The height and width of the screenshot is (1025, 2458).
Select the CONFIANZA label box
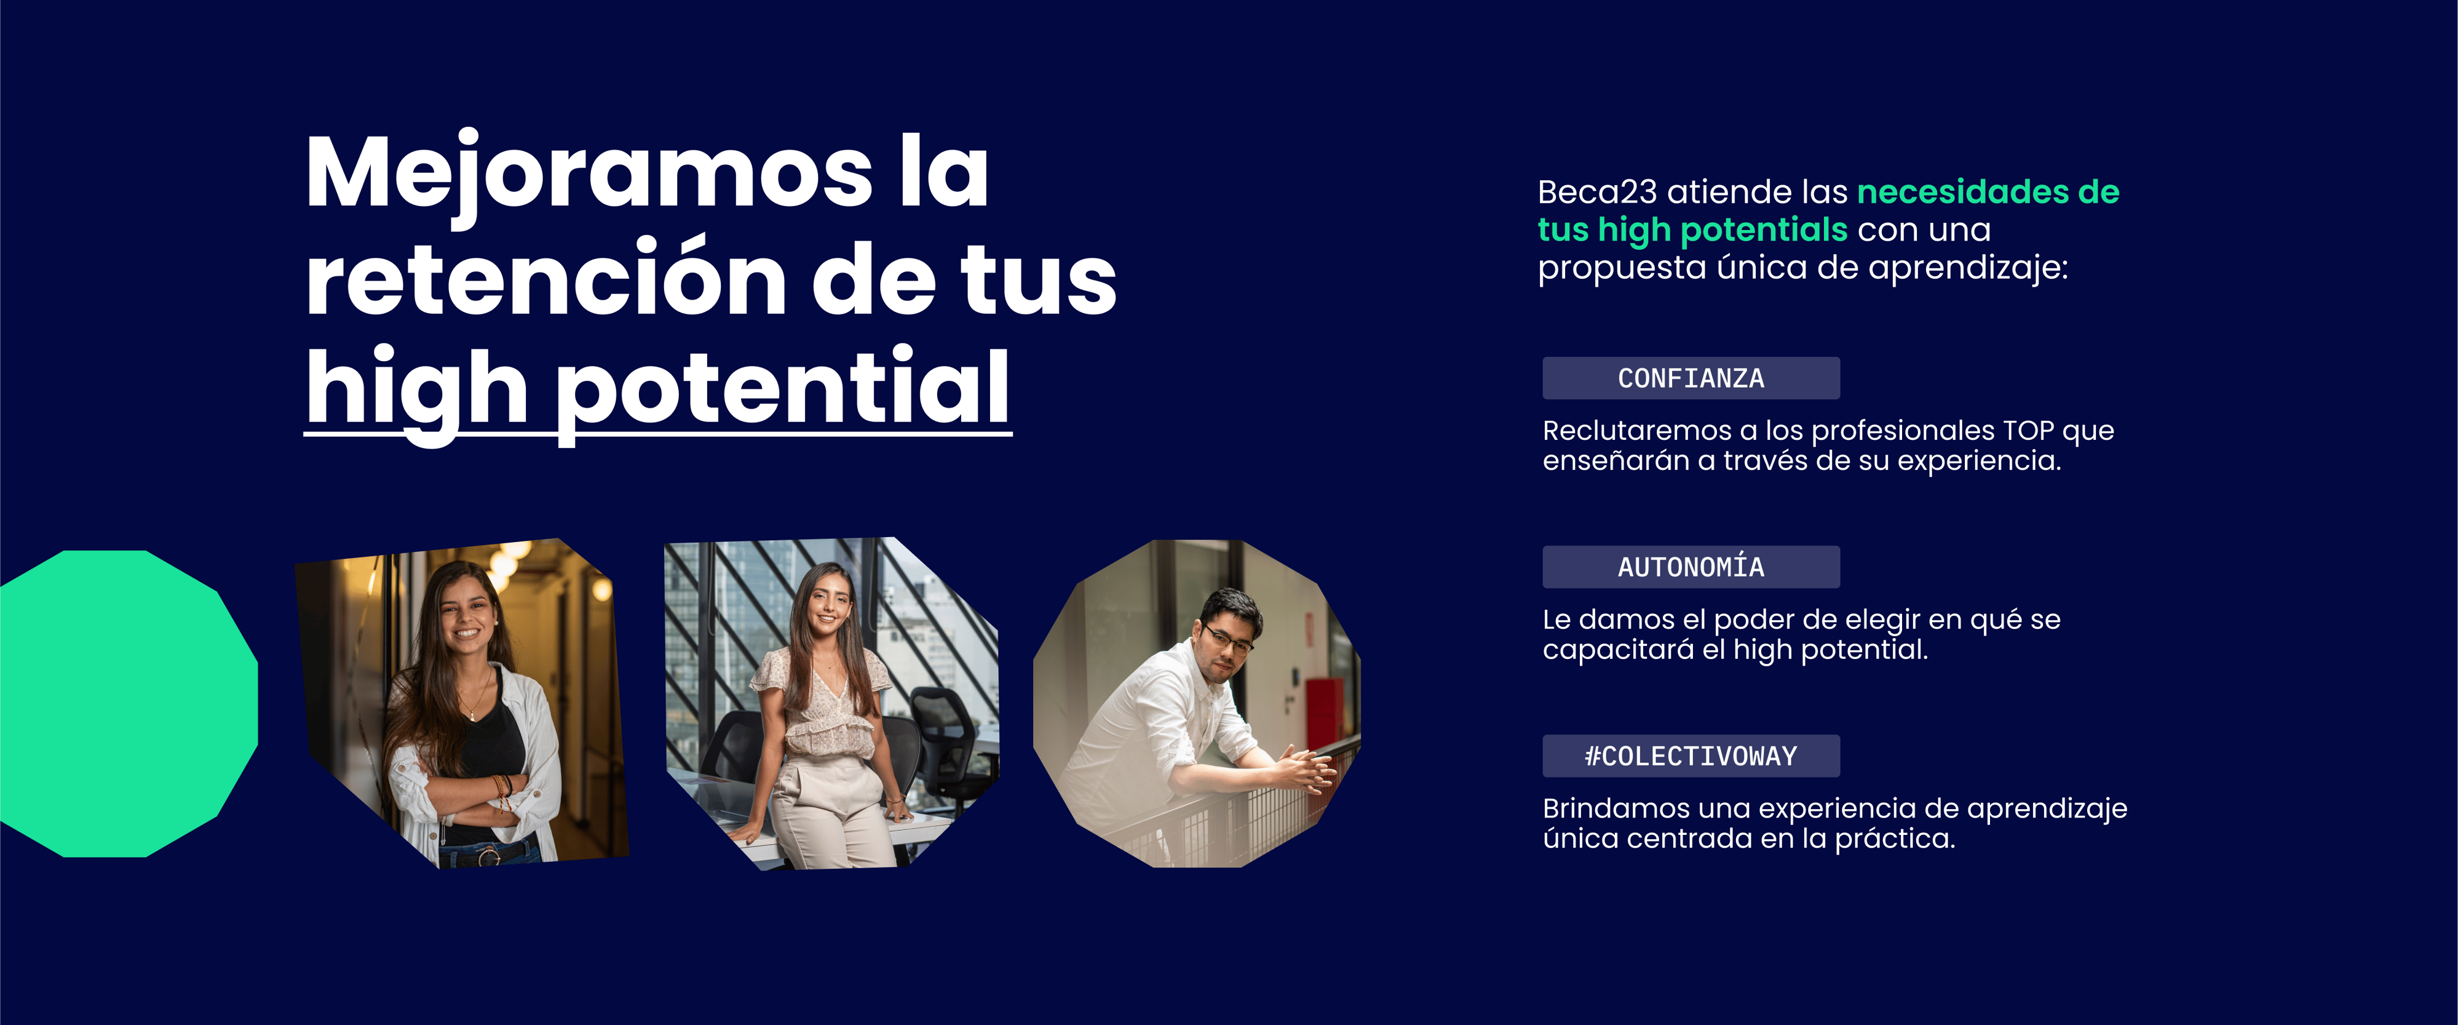pos(1691,378)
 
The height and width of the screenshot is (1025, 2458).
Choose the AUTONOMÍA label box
pos(1691,567)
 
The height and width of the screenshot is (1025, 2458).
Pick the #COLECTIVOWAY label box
pos(1691,756)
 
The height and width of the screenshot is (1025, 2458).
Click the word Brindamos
pos(1616,808)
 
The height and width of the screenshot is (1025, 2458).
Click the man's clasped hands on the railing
pos(1304,765)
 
